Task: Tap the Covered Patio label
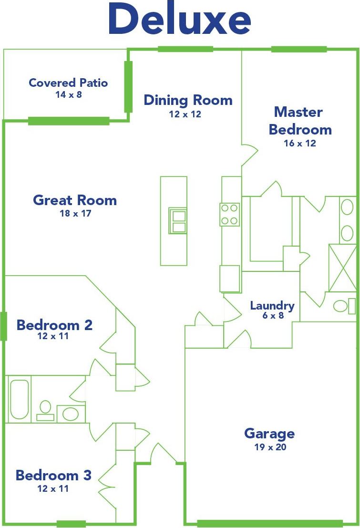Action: click(68, 83)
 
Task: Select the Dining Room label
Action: click(188, 100)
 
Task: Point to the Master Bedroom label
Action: click(300, 121)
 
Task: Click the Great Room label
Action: click(75, 200)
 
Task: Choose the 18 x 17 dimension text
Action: click(75, 213)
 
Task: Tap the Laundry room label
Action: click(272, 306)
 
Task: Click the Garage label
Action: click(269, 434)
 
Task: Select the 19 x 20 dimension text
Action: click(270, 447)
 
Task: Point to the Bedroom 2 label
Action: click(54, 325)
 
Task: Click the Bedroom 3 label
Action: click(53, 475)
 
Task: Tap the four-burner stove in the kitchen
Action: click(229, 214)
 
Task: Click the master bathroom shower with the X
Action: click(342, 268)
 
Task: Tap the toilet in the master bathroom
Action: click(343, 306)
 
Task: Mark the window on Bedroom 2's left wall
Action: click(4, 326)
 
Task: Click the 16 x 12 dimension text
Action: click(300, 143)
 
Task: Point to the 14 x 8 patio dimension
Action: click(68, 94)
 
